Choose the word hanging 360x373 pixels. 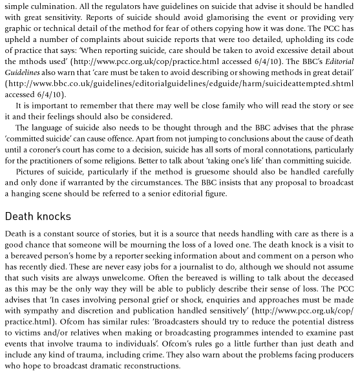[24, 194]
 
